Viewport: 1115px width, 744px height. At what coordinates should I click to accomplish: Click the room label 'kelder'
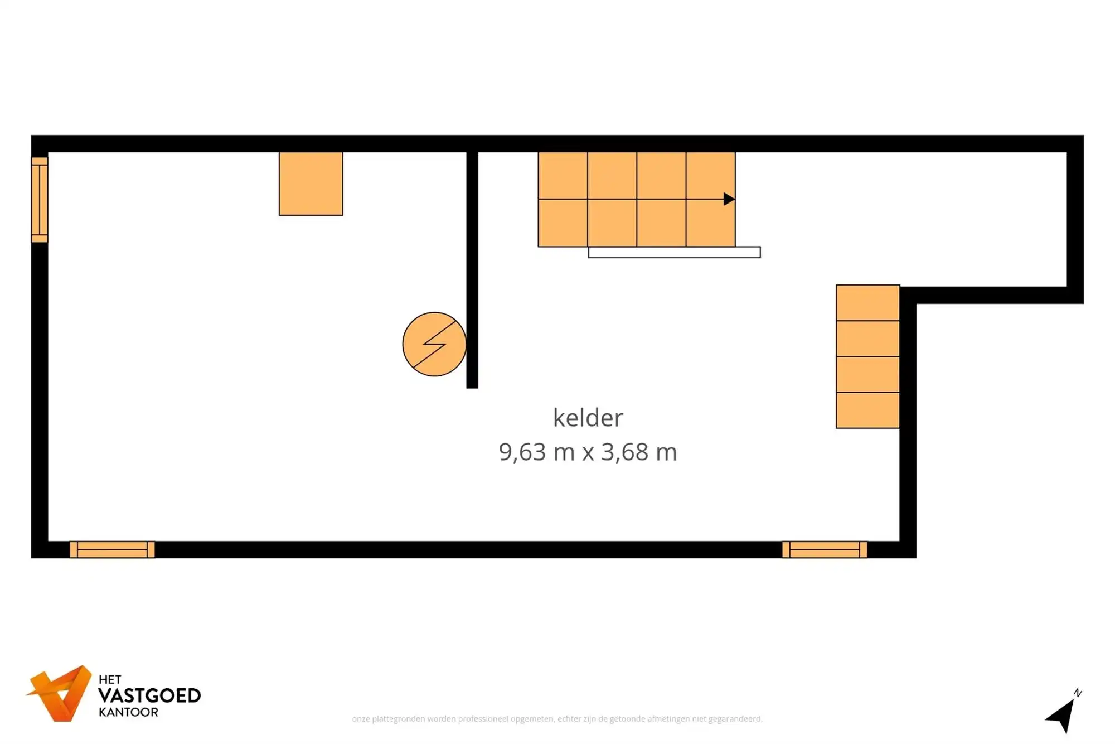click(x=588, y=418)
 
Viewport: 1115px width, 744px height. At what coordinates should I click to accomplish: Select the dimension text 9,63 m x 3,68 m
click(x=588, y=452)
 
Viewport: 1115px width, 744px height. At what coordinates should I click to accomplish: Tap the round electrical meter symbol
click(x=434, y=344)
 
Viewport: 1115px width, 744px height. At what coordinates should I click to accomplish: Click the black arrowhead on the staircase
click(x=728, y=199)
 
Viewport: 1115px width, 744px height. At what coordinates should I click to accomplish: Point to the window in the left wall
click(x=40, y=200)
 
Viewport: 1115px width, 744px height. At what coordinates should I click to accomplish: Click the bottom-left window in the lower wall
click(x=112, y=549)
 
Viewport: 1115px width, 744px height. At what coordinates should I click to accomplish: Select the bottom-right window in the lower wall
click(x=824, y=549)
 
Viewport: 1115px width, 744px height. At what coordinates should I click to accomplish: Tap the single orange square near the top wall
click(x=311, y=183)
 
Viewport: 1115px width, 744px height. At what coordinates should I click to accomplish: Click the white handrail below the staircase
click(x=674, y=253)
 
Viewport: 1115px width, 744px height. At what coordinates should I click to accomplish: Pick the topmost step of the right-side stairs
click(x=867, y=303)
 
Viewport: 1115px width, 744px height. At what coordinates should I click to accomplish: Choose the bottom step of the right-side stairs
click(x=867, y=410)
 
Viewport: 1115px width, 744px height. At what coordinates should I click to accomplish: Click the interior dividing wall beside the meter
click(x=472, y=268)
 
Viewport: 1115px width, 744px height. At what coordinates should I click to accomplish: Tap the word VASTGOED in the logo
click(x=149, y=695)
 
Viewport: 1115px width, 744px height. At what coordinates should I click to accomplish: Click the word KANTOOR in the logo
click(x=128, y=712)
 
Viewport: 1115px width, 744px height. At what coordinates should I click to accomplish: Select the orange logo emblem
click(x=60, y=693)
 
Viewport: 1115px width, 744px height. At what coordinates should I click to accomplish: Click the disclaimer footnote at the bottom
click(x=557, y=719)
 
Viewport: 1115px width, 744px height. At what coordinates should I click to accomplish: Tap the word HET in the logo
click(x=110, y=679)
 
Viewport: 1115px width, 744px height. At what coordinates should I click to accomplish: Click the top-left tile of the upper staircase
click(x=563, y=175)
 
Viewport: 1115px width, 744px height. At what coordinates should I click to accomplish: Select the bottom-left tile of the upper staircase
click(x=563, y=223)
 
